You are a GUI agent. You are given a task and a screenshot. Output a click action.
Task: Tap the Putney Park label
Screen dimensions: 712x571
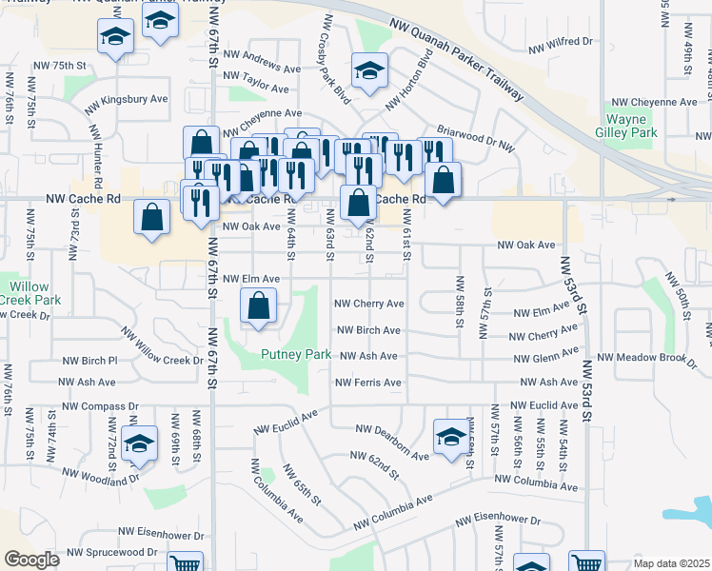297,355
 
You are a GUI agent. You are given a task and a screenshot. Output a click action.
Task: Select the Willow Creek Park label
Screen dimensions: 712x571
29,293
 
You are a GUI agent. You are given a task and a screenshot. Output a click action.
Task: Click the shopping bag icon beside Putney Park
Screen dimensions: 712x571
258,307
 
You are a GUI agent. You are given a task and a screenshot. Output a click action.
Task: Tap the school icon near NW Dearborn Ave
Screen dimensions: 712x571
450,437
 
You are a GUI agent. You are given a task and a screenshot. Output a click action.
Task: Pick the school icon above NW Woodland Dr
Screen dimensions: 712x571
140,445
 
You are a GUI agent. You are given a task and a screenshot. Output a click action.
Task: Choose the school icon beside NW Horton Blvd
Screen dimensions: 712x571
370,69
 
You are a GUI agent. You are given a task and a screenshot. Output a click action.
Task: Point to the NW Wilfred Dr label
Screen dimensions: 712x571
560,43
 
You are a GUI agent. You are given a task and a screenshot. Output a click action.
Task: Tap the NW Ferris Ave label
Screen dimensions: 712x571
368,383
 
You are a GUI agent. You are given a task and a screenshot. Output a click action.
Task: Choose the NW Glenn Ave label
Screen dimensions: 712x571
544,358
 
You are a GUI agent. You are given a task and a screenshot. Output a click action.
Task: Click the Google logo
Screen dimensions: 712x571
31,560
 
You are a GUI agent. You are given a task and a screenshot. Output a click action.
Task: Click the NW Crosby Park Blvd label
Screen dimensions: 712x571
337,58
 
